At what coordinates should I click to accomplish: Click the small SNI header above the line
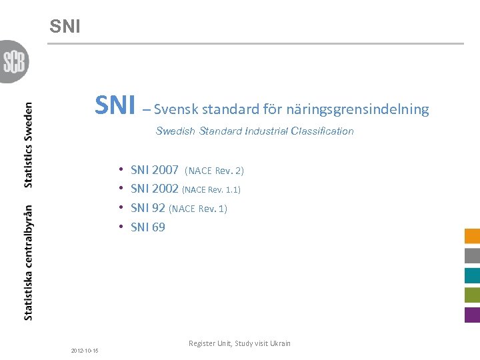(x=65, y=27)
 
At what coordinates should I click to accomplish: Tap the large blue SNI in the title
(x=115, y=105)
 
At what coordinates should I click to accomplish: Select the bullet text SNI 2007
(x=155, y=170)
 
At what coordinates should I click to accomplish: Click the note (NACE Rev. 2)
(x=214, y=171)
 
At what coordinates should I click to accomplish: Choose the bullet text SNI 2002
(x=155, y=189)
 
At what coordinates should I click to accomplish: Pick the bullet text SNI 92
(x=148, y=208)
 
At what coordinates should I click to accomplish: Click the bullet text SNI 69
(x=148, y=227)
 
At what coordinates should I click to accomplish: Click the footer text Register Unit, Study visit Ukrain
(x=239, y=343)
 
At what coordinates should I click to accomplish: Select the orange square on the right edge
(x=472, y=236)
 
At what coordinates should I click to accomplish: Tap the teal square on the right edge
(x=472, y=275)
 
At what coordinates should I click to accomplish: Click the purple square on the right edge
(x=472, y=315)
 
